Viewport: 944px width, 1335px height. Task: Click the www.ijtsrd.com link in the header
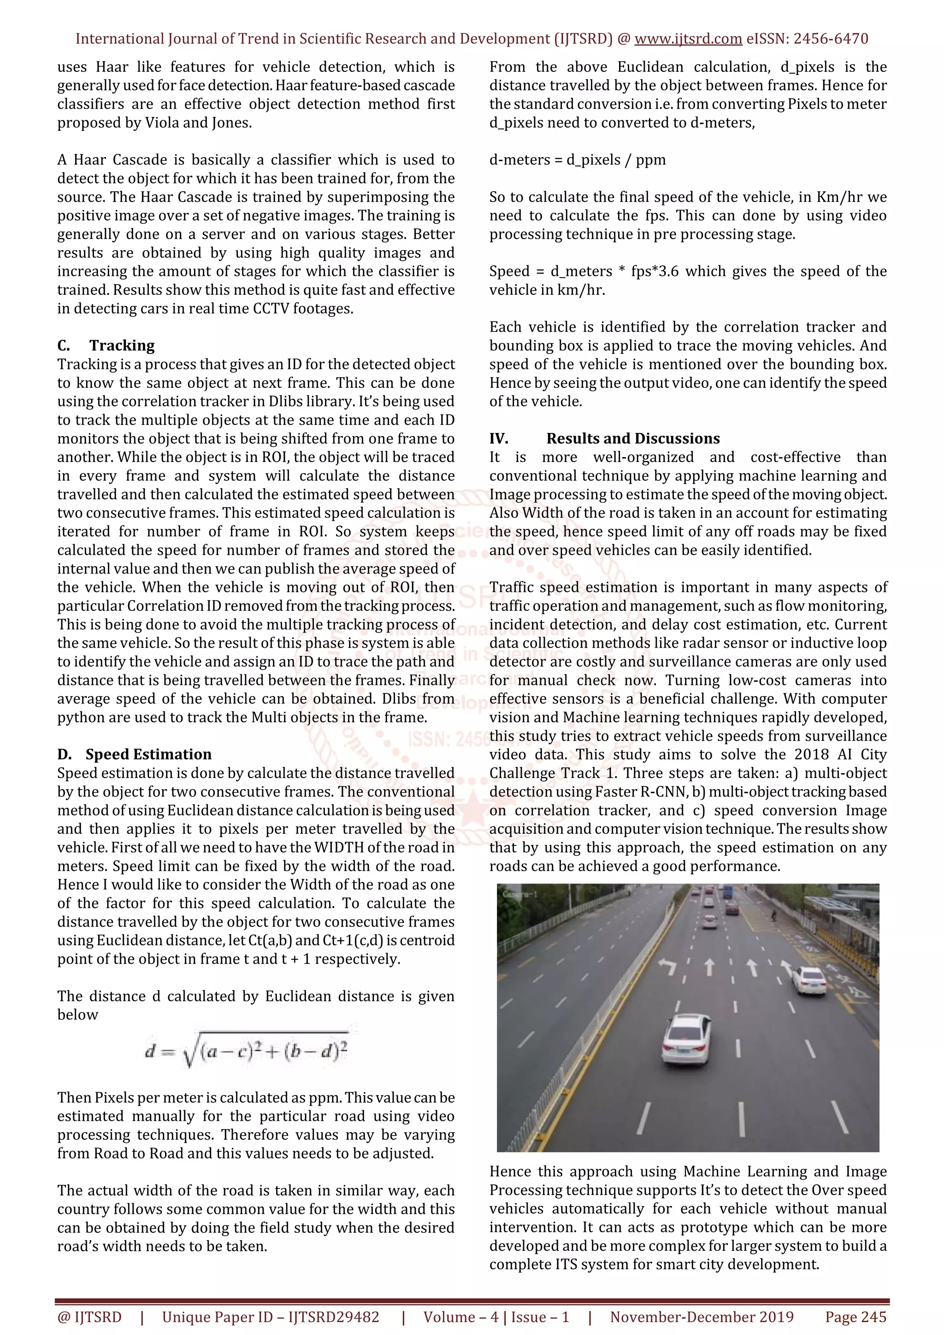tap(688, 39)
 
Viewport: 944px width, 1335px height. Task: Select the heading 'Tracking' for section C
tap(122, 345)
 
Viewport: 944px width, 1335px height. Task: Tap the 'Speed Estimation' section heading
tap(148, 754)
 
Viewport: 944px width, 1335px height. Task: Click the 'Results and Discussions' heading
tap(632, 439)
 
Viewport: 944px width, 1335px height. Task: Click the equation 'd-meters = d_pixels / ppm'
tap(577, 160)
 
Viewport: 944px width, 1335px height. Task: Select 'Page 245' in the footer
tap(855, 1317)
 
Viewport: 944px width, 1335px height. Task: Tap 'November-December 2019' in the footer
tap(702, 1317)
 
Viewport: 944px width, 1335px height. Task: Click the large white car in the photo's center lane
tap(686, 1038)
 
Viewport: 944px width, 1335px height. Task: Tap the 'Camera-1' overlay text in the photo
tap(520, 894)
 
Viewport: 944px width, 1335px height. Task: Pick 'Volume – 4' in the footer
tap(460, 1317)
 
